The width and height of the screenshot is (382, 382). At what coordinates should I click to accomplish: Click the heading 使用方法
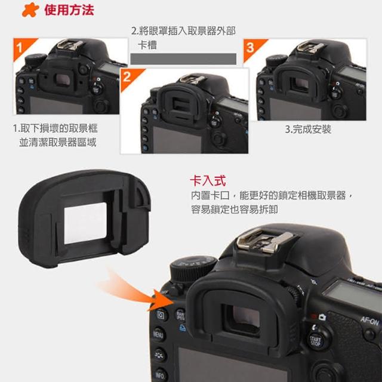(x=69, y=10)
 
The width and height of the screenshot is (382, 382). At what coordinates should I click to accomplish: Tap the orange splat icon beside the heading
(x=30, y=10)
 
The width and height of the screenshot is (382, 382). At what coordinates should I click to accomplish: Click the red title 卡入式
(x=208, y=181)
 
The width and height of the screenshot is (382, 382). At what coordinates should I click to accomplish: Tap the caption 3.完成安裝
(x=308, y=129)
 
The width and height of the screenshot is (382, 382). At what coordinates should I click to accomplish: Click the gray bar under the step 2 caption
(x=183, y=59)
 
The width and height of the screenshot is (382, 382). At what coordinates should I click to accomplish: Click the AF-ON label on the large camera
(x=369, y=321)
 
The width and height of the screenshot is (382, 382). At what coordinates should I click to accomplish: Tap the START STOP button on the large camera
(x=316, y=340)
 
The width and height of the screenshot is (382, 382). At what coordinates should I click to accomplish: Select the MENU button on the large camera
(x=158, y=335)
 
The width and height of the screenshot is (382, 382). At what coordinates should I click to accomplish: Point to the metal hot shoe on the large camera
(x=265, y=241)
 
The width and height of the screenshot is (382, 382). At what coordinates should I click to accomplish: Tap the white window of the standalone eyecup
(x=85, y=223)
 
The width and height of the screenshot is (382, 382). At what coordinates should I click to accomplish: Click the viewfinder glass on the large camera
(x=245, y=317)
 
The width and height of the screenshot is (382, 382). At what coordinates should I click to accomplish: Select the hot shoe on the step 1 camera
(x=70, y=45)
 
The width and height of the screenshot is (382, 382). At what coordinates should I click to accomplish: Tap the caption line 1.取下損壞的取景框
(x=56, y=128)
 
